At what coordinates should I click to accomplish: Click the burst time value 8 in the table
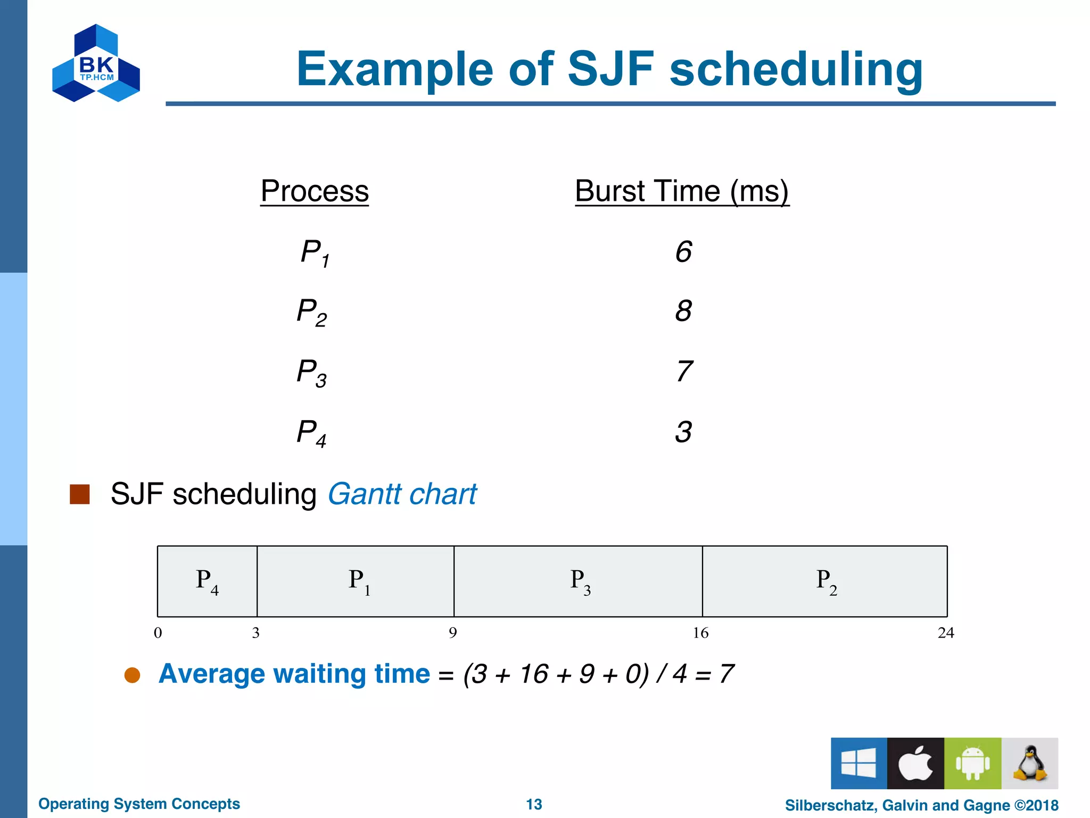pos(683,311)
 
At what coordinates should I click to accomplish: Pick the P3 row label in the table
pos(312,372)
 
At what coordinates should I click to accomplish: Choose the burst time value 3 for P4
pos(683,432)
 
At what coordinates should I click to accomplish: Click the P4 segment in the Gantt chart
pos(207,581)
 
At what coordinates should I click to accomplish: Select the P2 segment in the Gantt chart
pos(825,581)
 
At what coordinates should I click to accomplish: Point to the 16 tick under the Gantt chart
pos(700,633)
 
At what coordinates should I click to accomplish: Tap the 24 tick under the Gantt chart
pos(946,633)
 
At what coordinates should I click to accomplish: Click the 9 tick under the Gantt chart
pos(452,633)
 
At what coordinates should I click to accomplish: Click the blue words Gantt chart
pos(402,494)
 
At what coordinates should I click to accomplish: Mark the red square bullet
pos(80,494)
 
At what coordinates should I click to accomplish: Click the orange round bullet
pos(132,675)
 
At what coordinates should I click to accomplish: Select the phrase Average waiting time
pos(294,674)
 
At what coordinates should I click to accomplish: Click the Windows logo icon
pos(858,763)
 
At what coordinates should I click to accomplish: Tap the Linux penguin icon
pos(1030,763)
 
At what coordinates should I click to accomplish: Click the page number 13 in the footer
pos(534,804)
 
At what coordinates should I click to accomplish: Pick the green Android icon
pos(972,763)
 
